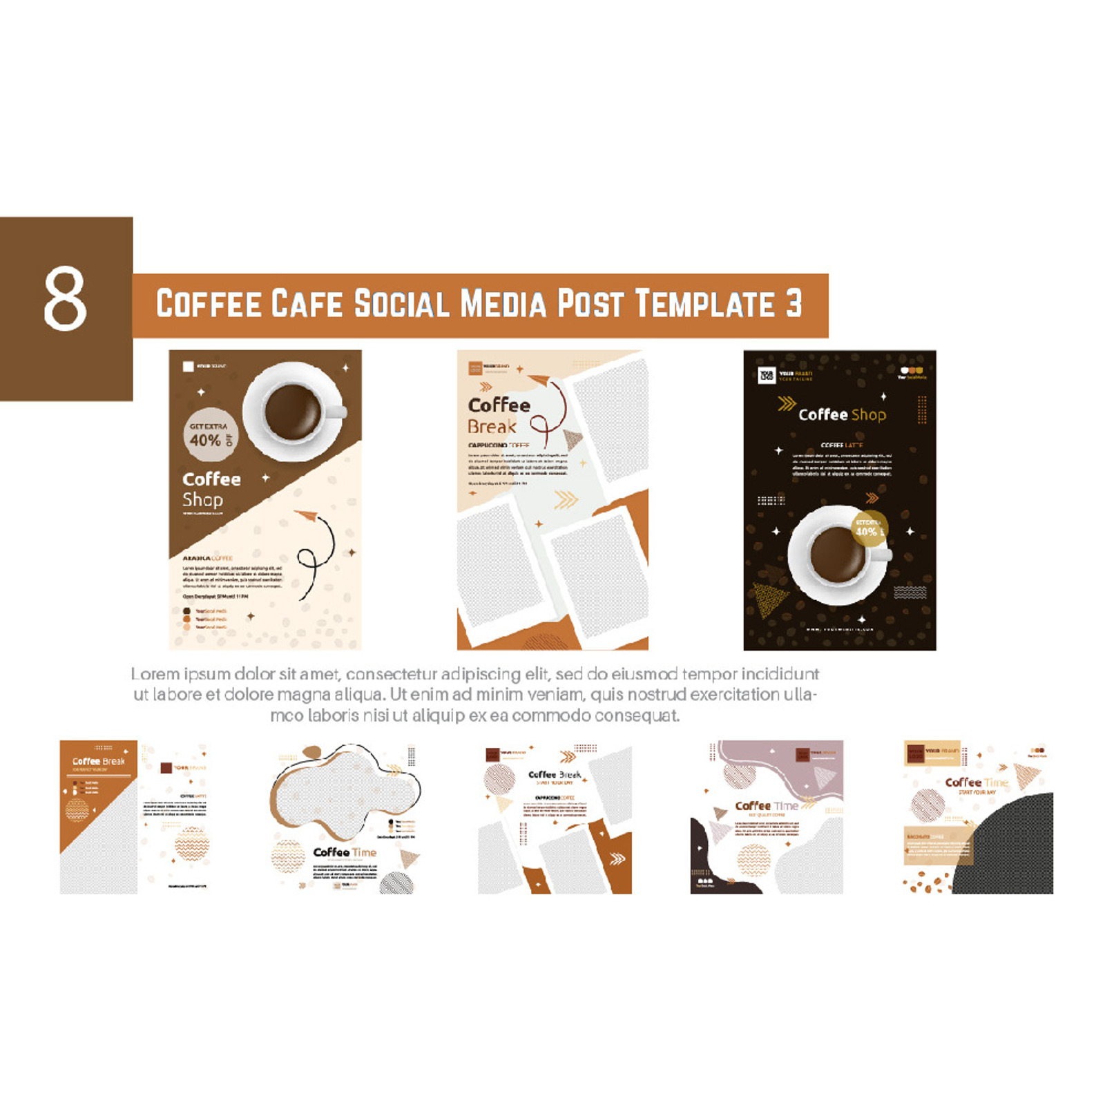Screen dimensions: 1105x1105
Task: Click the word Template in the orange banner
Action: pos(705,304)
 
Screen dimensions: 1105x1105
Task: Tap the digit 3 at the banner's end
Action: pos(794,304)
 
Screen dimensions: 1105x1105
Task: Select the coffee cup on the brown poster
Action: pos(294,412)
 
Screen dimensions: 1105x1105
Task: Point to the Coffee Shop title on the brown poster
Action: pos(211,489)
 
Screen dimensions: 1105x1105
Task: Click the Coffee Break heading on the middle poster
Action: pos(499,415)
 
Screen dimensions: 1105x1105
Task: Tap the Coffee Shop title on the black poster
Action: pos(842,414)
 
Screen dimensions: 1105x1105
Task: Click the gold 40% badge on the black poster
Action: pos(868,529)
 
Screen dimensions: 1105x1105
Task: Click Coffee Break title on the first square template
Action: pos(99,761)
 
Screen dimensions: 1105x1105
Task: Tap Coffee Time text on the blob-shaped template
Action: pos(345,852)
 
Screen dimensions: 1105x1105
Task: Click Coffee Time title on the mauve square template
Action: pos(766,806)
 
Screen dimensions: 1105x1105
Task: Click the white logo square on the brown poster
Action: pos(188,366)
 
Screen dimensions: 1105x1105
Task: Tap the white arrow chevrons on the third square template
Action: pos(617,858)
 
